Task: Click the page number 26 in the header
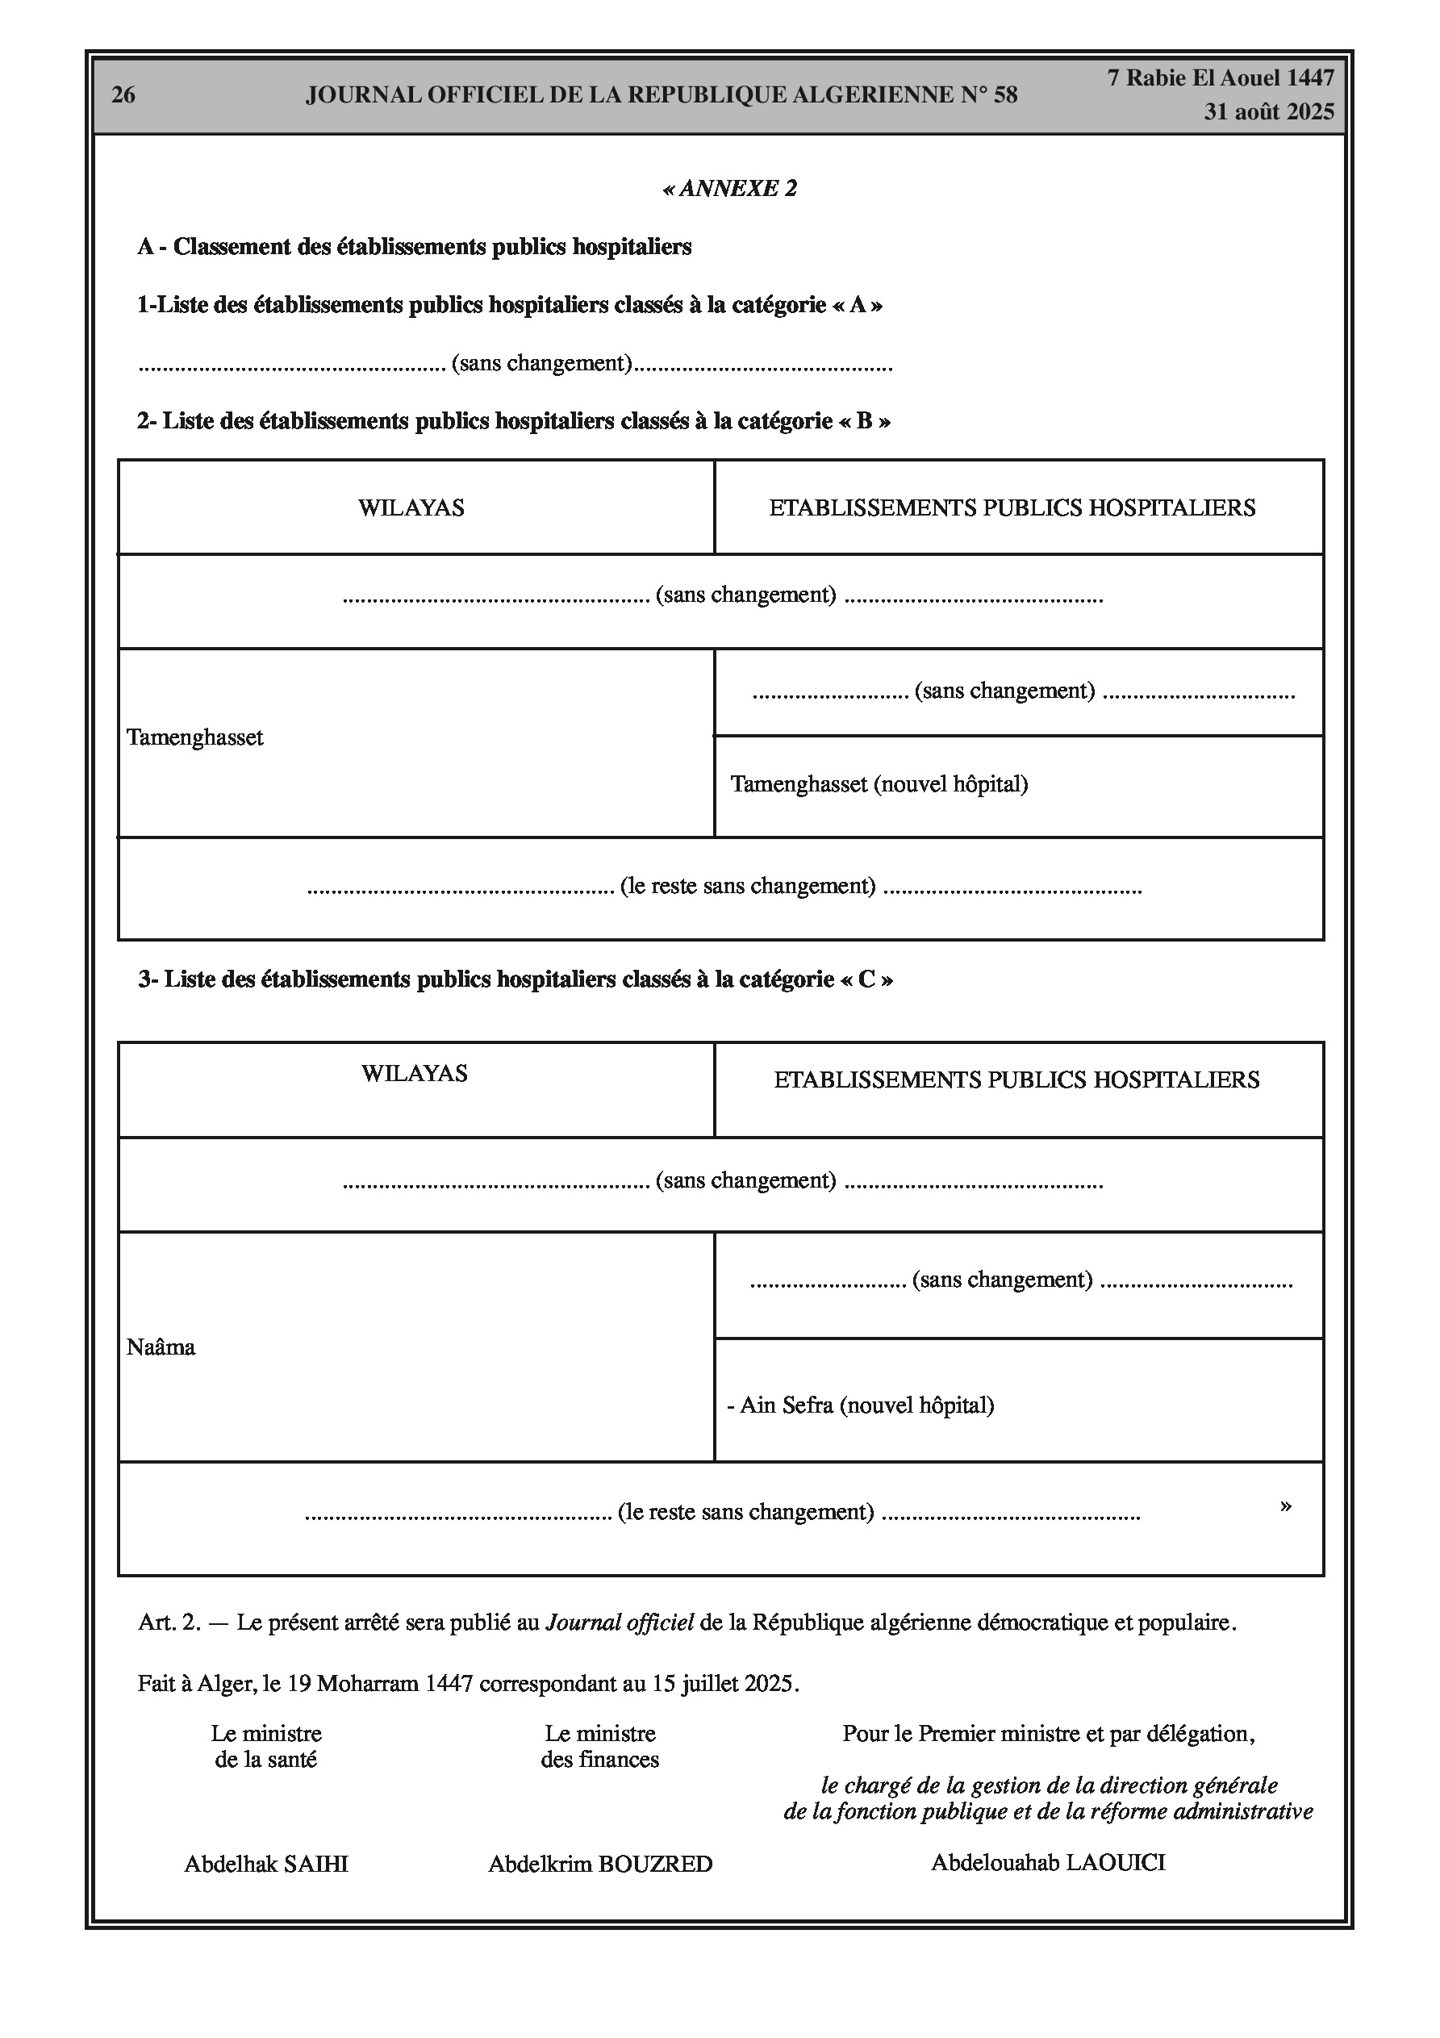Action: (123, 95)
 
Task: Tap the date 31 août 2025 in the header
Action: (1269, 112)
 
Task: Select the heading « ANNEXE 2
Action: (730, 188)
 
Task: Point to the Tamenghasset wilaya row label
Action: (195, 737)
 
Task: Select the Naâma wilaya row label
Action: (161, 1347)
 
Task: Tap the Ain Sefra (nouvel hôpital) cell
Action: (860, 1405)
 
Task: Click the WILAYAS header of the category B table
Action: (411, 507)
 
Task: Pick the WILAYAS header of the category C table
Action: (414, 1073)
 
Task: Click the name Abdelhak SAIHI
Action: (266, 1864)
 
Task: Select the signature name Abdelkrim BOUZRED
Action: (600, 1864)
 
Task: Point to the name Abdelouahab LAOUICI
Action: (1048, 1862)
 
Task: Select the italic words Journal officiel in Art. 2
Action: (619, 1622)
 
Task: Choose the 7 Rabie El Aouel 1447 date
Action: (1221, 78)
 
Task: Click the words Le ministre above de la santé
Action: (266, 1734)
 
